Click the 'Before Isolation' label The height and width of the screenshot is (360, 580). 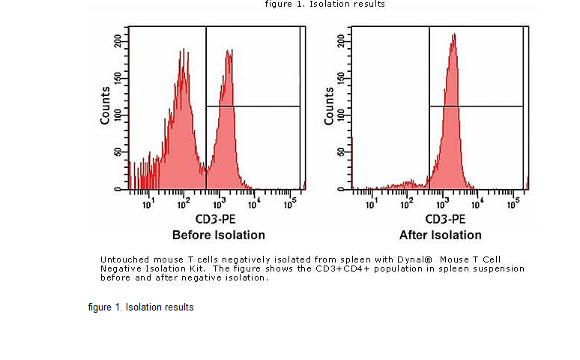pos(218,235)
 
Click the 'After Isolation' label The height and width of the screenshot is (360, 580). pos(441,235)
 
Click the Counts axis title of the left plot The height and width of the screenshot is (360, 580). pos(106,105)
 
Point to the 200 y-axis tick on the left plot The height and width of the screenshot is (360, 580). pos(118,40)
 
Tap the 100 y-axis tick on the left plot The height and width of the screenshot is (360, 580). pos(118,115)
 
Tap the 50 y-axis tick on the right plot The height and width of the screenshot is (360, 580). pos(341,152)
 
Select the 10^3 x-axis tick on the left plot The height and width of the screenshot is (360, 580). pos(220,203)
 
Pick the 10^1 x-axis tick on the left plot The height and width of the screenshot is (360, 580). pos(148,203)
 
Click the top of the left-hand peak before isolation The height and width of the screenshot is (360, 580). pos(183,50)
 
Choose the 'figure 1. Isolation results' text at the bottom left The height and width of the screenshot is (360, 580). pos(141,307)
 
